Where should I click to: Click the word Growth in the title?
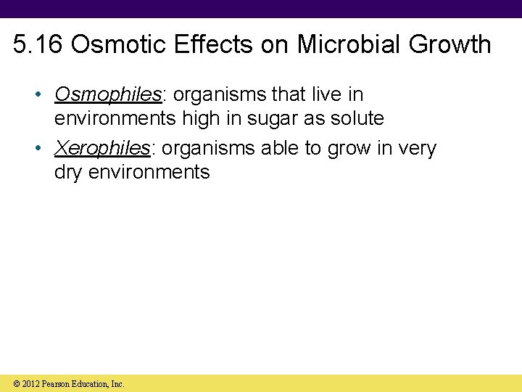449,44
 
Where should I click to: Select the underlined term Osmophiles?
107,95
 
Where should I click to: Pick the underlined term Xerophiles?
102,149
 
